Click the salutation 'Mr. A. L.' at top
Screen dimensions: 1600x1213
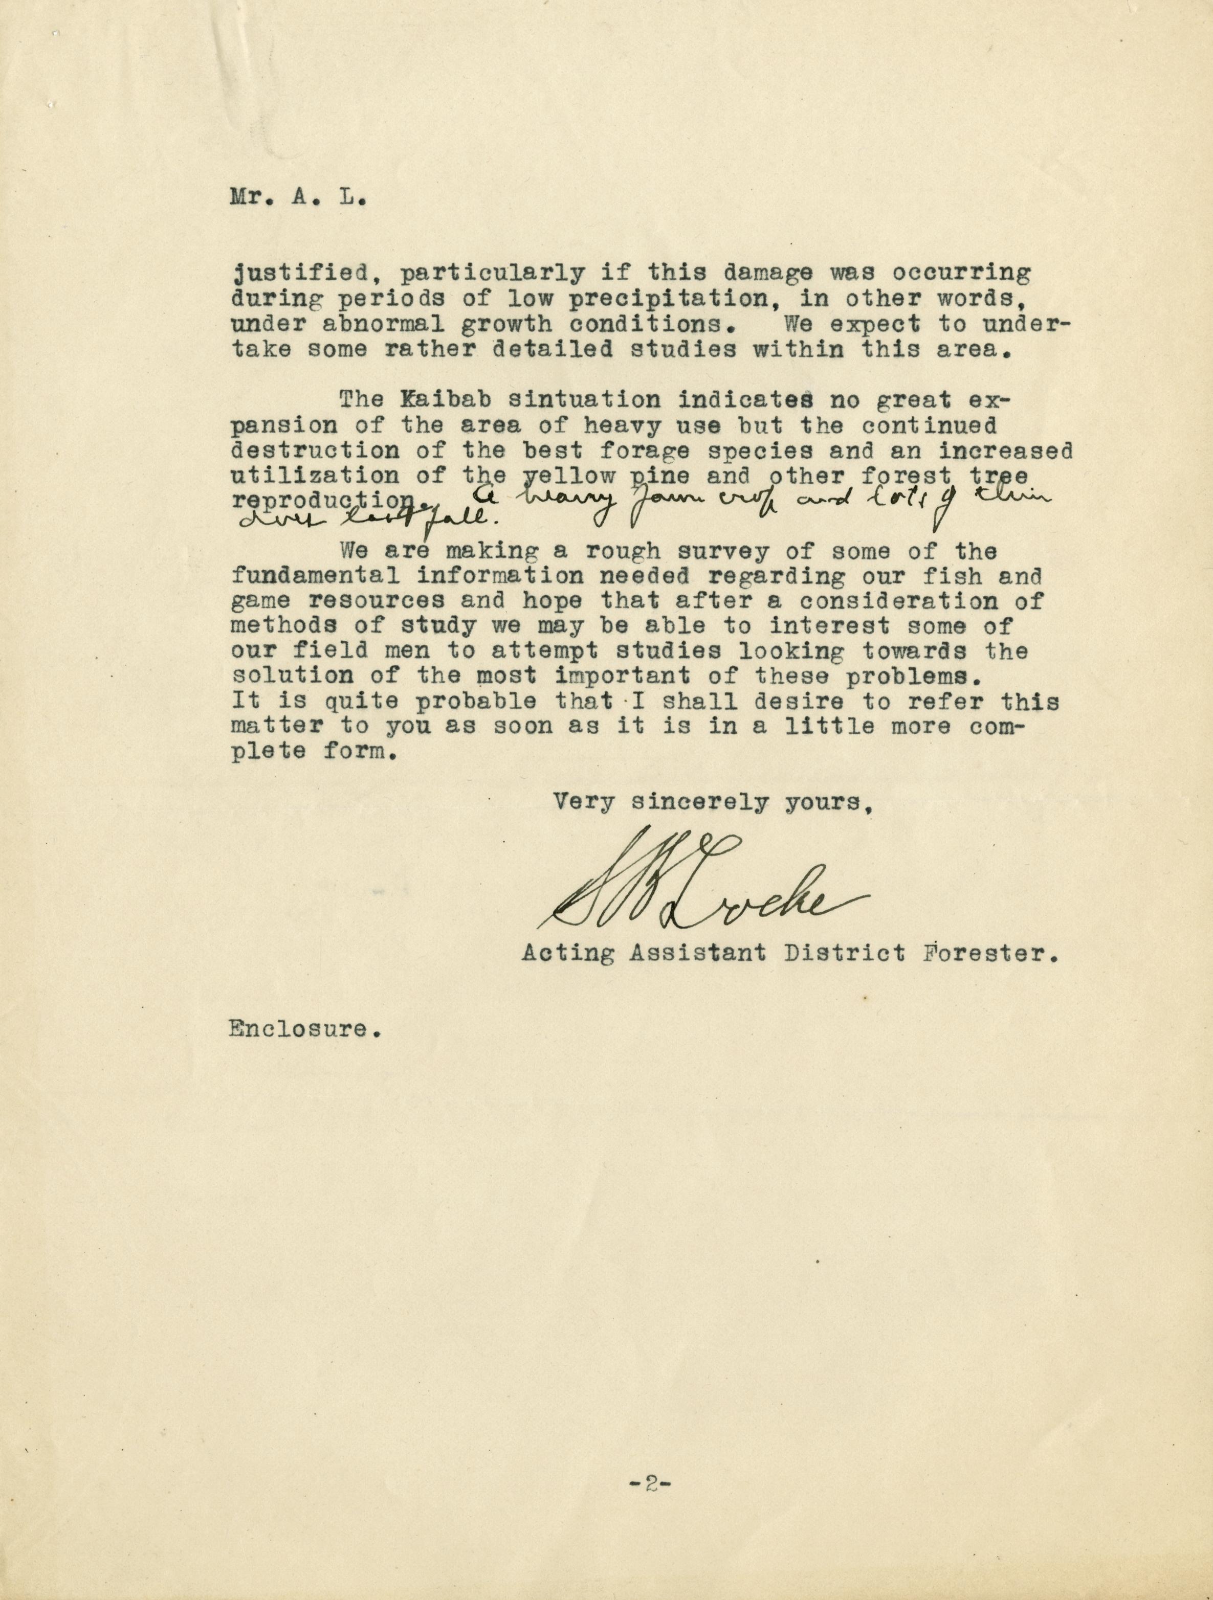click(x=297, y=198)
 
